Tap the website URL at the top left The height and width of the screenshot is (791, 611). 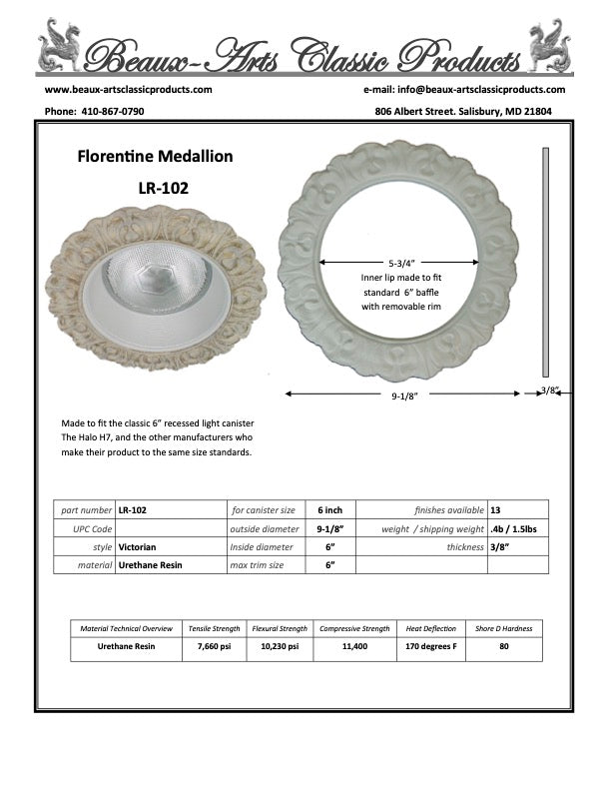tap(129, 89)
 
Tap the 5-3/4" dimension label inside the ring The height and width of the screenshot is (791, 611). tap(399, 262)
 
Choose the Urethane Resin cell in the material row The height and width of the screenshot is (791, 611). tap(150, 564)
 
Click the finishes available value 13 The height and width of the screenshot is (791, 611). tap(496, 509)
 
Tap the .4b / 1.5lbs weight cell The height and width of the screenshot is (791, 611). tap(514, 528)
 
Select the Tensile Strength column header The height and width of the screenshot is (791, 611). tap(214, 629)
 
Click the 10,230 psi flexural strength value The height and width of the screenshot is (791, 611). tap(280, 647)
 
